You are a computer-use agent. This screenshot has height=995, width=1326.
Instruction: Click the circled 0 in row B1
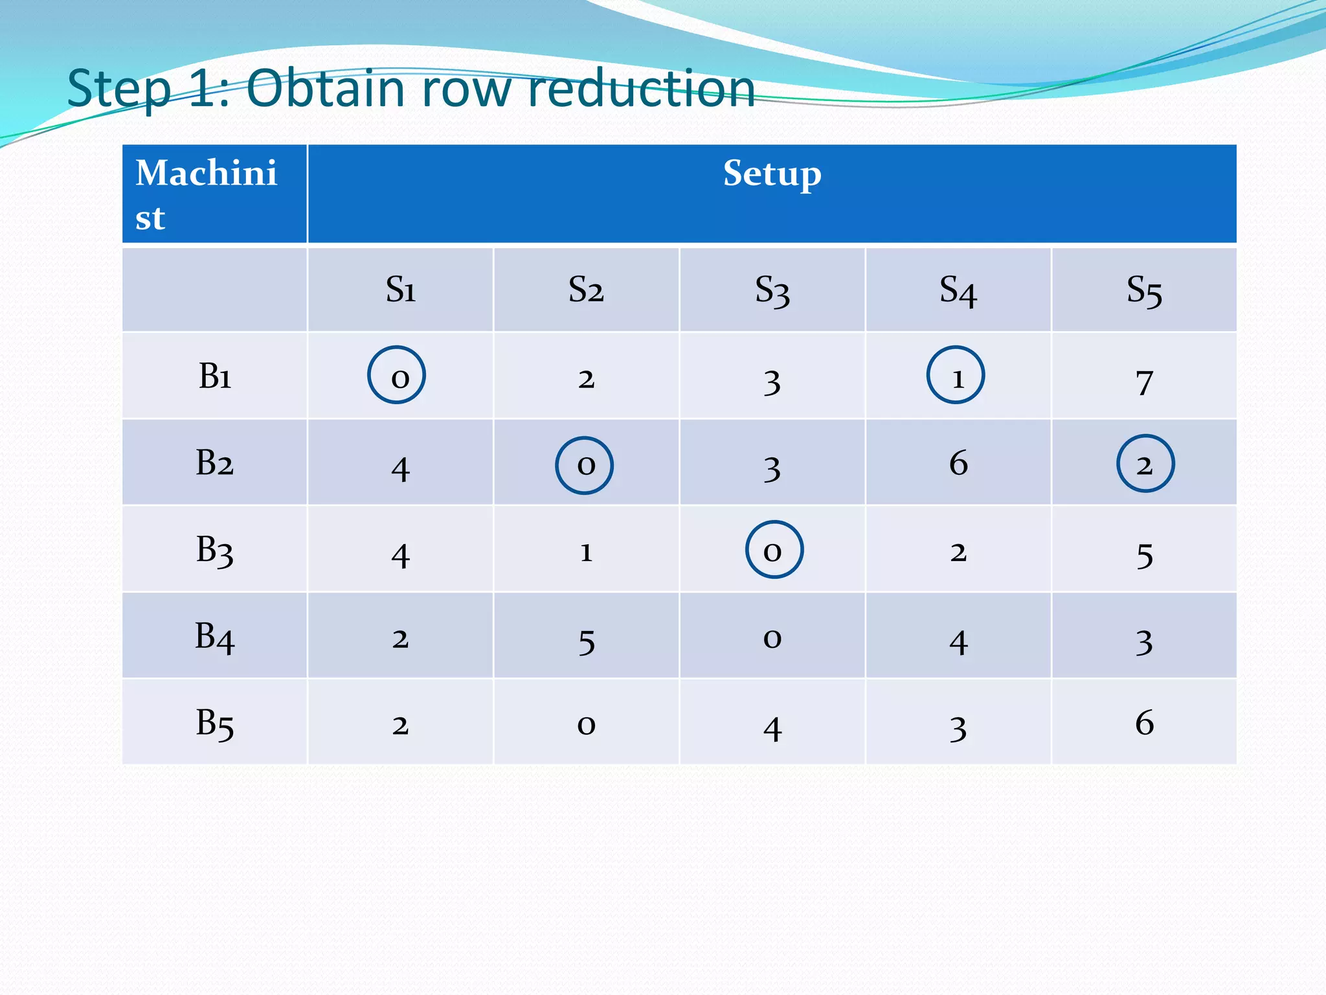click(396, 375)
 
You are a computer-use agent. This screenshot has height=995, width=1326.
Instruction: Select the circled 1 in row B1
click(956, 375)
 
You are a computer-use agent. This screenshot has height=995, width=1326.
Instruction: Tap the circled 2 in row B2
click(1145, 464)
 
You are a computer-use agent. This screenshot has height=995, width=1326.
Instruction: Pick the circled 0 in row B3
click(774, 550)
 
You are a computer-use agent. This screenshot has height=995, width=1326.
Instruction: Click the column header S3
click(772, 290)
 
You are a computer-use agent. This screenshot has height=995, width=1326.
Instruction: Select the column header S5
click(1144, 290)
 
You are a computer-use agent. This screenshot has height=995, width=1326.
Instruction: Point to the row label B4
click(214, 636)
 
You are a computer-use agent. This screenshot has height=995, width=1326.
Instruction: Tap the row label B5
click(214, 723)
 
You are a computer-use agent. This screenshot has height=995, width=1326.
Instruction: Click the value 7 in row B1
click(1144, 382)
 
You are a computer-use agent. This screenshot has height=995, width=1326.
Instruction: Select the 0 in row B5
click(586, 725)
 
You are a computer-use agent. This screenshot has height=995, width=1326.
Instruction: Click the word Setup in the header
click(772, 174)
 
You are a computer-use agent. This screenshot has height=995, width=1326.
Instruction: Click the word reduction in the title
click(641, 89)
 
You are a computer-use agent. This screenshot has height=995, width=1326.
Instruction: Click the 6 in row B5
click(1144, 723)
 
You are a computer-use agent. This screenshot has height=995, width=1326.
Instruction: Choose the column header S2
click(586, 290)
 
